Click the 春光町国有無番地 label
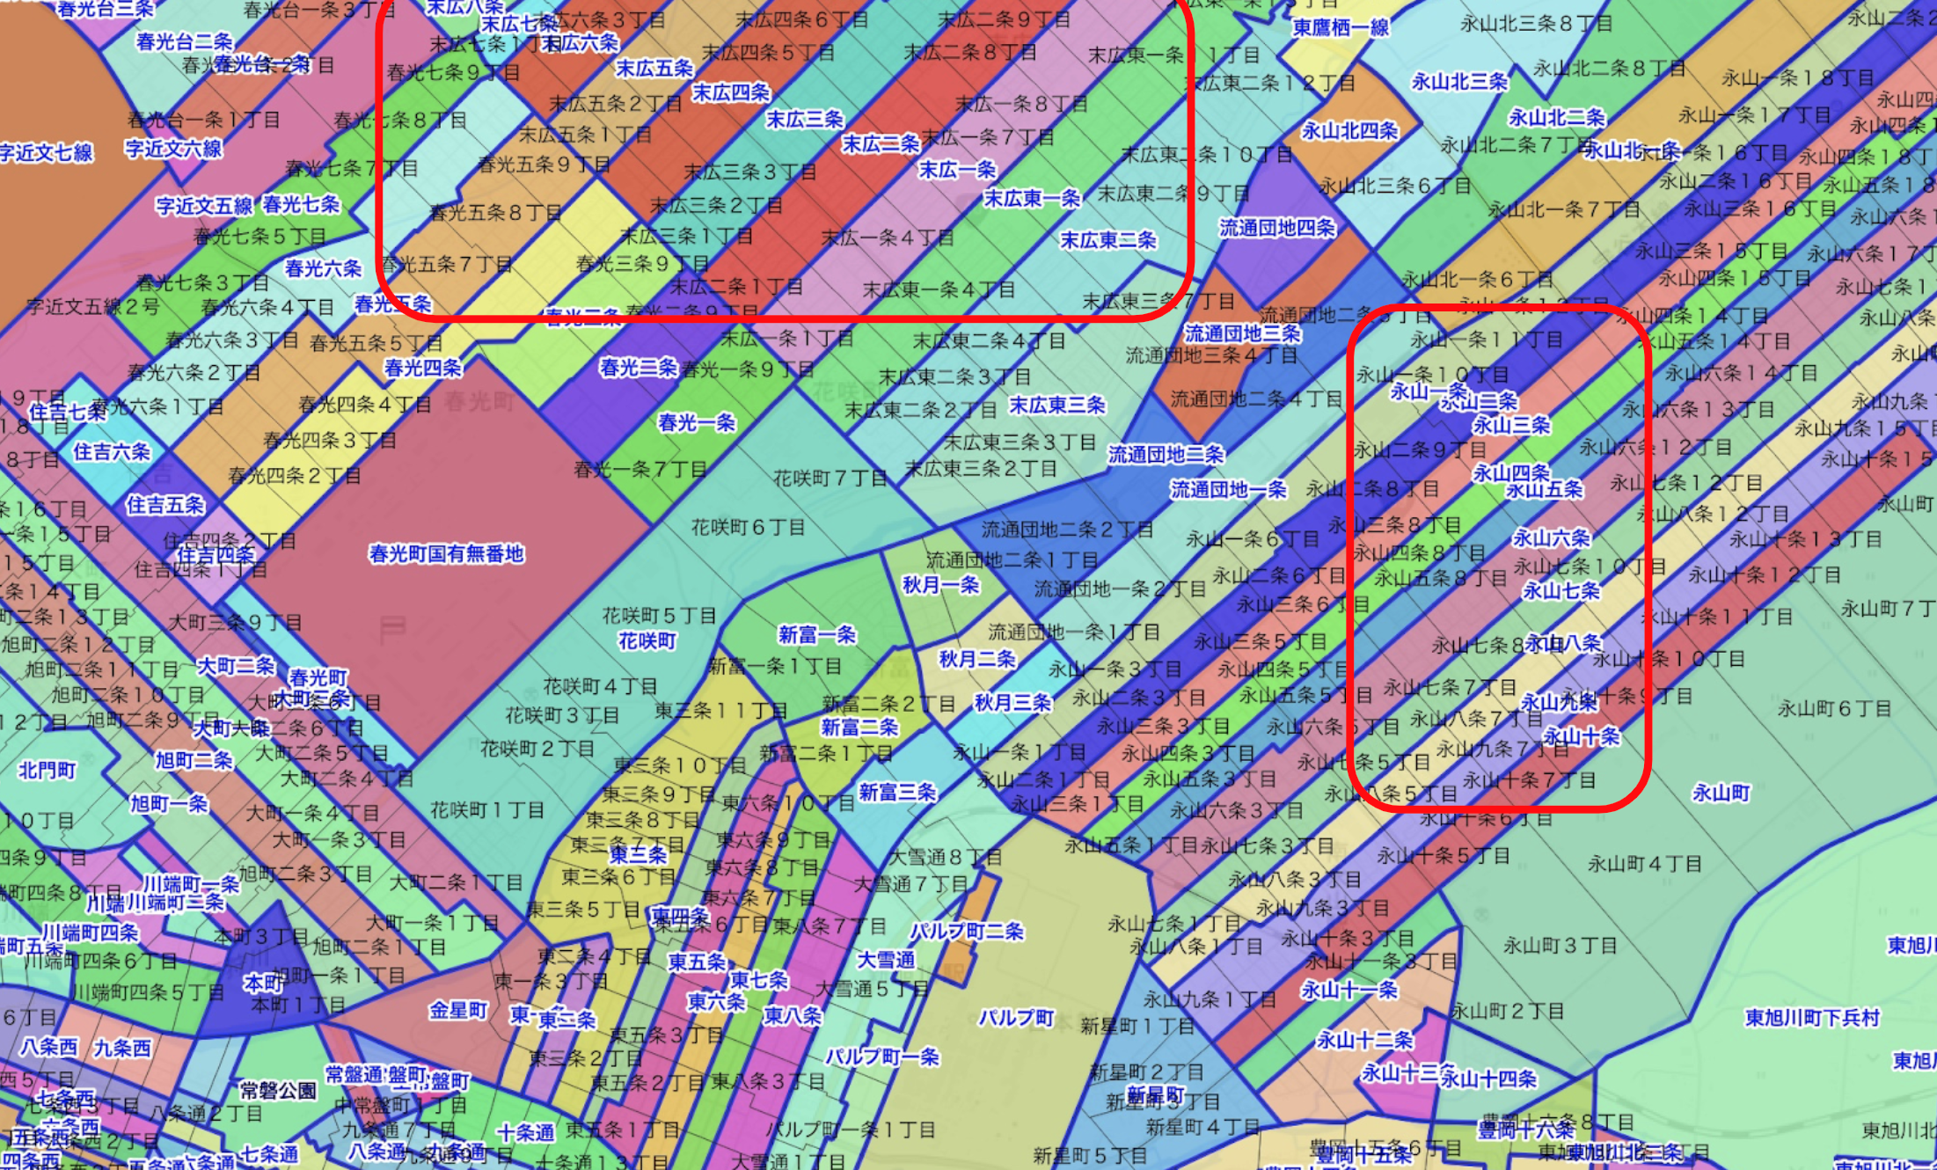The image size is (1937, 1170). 446,554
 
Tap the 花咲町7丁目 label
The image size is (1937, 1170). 830,479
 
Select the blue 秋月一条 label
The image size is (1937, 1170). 940,586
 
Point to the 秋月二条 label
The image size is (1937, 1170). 976,659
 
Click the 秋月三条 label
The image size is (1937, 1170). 1012,703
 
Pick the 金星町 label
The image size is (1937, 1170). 458,1011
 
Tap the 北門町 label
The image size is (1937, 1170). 48,771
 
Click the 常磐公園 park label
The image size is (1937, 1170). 278,1092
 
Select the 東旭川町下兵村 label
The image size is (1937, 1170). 1812,1018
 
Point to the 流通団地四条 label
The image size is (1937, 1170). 1276,228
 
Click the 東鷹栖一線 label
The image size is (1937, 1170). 1341,27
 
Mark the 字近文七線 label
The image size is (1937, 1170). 46,153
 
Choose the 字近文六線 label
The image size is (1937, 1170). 173,148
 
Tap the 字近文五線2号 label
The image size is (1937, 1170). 92,307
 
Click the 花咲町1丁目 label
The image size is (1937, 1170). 486,810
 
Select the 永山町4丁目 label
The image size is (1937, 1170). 1644,864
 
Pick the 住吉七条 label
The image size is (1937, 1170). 67,412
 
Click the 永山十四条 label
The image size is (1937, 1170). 1487,1079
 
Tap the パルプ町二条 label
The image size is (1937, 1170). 967,932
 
